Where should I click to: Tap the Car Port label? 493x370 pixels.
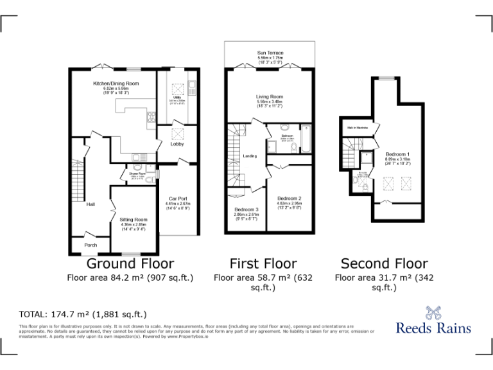pos(177,198)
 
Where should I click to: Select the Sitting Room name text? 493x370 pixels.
pos(134,219)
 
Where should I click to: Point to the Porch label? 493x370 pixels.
pos(91,245)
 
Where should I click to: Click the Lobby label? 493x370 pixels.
pos(177,144)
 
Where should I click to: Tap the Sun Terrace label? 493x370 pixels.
pos(270,53)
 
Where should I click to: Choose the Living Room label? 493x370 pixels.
pos(270,97)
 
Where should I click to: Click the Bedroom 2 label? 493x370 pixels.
pos(289,198)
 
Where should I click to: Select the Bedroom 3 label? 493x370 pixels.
pos(246,210)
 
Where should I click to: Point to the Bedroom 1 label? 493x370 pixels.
pos(398,154)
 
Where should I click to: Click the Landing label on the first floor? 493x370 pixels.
pos(250,156)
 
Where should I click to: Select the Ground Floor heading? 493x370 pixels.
pos(130,263)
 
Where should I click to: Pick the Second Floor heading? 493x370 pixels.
pos(384,263)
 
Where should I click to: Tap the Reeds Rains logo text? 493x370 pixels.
pos(433,328)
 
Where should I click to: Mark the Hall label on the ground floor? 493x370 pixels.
pos(91,204)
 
